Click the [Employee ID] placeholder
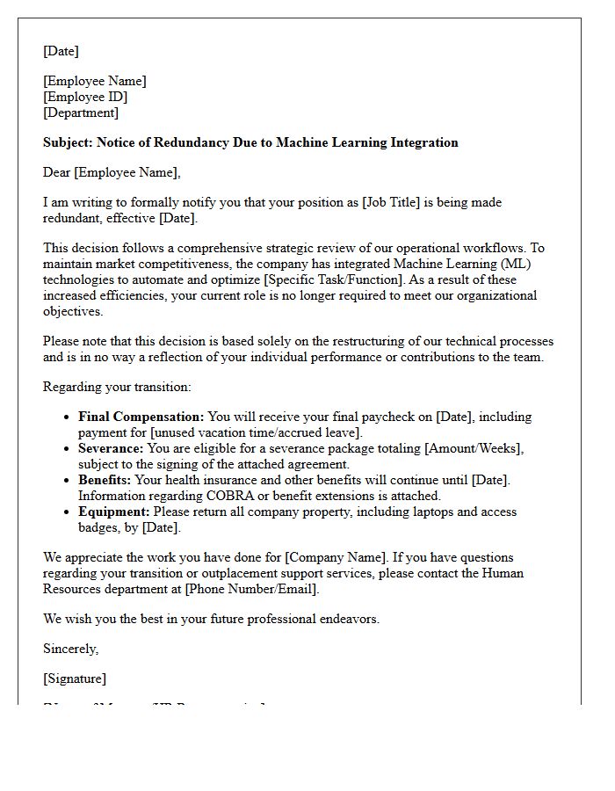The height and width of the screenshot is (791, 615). click(x=85, y=97)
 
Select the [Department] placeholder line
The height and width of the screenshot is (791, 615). click(x=81, y=112)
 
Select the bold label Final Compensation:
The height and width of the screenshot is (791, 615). click(x=141, y=417)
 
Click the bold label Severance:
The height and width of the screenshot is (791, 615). click(x=111, y=448)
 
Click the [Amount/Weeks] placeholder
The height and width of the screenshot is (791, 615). click(x=474, y=448)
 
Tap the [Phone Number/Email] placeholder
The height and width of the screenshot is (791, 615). click(x=250, y=589)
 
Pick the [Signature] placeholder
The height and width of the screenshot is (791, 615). click(x=75, y=679)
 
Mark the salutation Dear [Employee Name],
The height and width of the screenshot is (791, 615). click(x=112, y=172)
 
